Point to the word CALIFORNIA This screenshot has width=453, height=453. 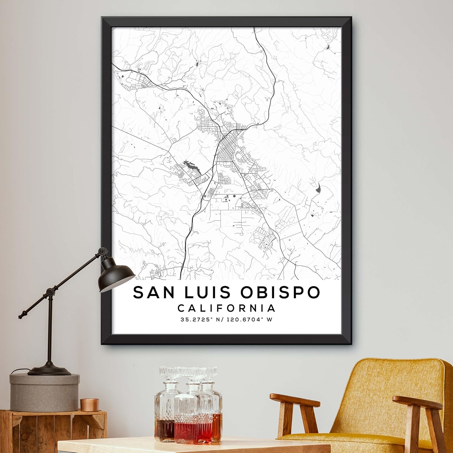(x=226, y=308)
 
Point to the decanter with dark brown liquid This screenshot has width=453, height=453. (x=165, y=423)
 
